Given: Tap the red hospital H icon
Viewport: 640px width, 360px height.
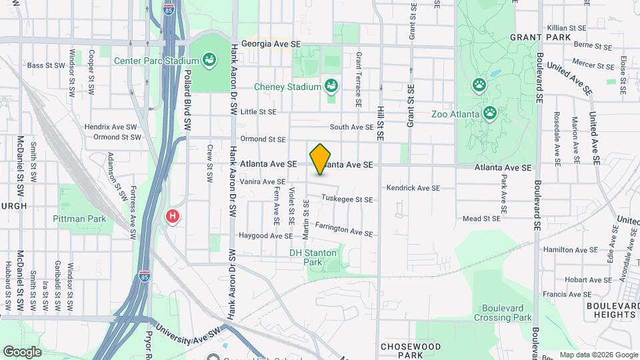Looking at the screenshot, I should (x=173, y=216).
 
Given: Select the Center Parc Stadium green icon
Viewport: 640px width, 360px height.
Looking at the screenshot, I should (x=209, y=61).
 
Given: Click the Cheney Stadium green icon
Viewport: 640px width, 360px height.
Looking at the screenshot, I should (x=331, y=86).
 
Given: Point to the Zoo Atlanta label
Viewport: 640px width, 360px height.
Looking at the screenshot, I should (x=455, y=114).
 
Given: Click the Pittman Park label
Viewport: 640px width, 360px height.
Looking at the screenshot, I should (x=79, y=219).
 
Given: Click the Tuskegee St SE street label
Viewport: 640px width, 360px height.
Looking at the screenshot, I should (x=347, y=199).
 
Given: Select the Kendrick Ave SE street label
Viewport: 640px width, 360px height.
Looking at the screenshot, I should (x=413, y=188).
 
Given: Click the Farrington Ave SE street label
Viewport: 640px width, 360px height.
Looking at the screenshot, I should (x=343, y=229).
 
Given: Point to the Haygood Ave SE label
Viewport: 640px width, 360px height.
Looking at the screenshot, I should (x=266, y=236).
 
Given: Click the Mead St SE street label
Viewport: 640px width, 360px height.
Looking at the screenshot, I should (x=481, y=218).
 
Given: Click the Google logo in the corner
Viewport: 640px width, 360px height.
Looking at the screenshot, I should (x=22, y=351).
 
